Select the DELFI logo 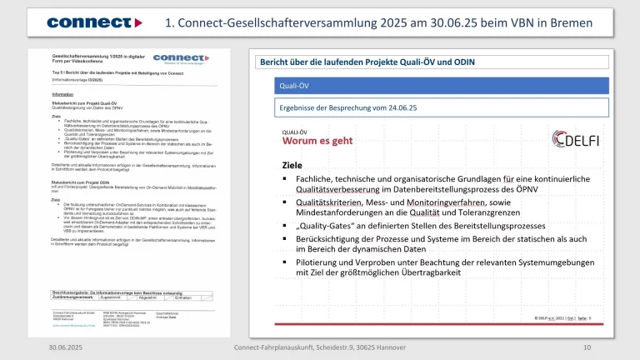(580, 139)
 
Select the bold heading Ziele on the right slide (292, 164)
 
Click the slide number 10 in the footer (587, 347)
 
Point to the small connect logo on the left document (179, 58)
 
